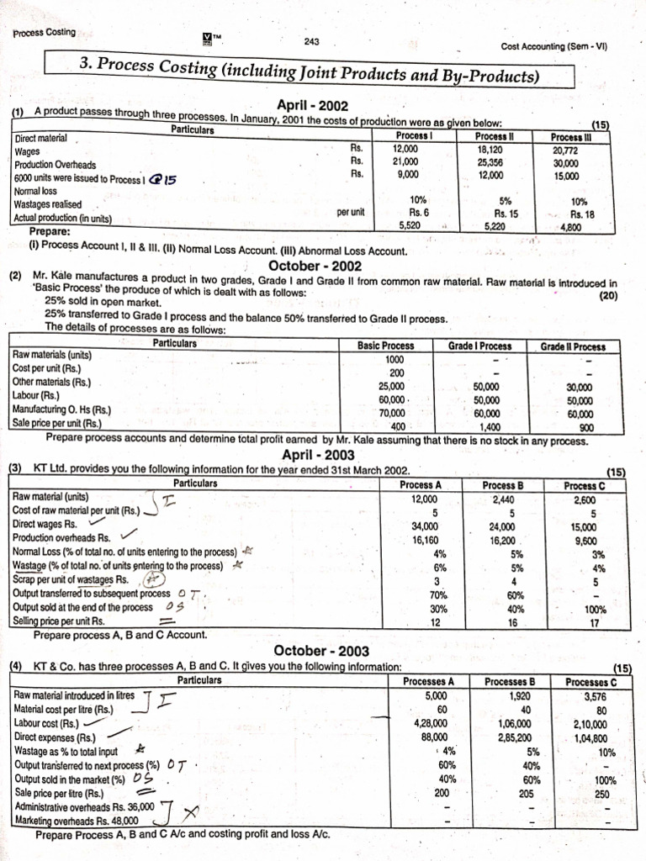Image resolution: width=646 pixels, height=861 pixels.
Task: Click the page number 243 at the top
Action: point(311,41)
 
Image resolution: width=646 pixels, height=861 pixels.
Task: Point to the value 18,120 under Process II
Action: point(490,151)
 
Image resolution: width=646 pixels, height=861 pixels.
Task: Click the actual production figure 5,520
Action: point(406,225)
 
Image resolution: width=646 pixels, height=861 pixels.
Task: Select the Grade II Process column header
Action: point(572,346)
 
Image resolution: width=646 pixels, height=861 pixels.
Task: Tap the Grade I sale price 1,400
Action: point(489,425)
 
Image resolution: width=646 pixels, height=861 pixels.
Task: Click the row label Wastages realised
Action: point(48,204)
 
